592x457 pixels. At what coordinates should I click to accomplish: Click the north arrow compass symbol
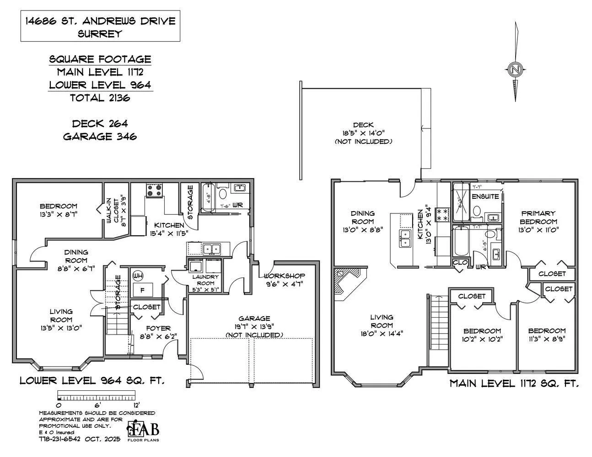(516, 70)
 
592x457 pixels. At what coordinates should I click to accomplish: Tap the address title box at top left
(100, 27)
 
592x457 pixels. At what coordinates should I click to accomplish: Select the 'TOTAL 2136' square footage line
(100, 97)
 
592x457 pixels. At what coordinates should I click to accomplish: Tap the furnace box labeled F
(142, 290)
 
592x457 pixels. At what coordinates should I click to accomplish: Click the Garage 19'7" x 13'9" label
(254, 326)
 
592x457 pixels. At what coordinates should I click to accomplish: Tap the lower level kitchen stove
(154, 190)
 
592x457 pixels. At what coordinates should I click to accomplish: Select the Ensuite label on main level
(485, 197)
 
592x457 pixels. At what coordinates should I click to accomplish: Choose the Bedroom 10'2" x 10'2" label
(482, 335)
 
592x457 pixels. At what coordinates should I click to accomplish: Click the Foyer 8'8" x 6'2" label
(158, 332)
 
